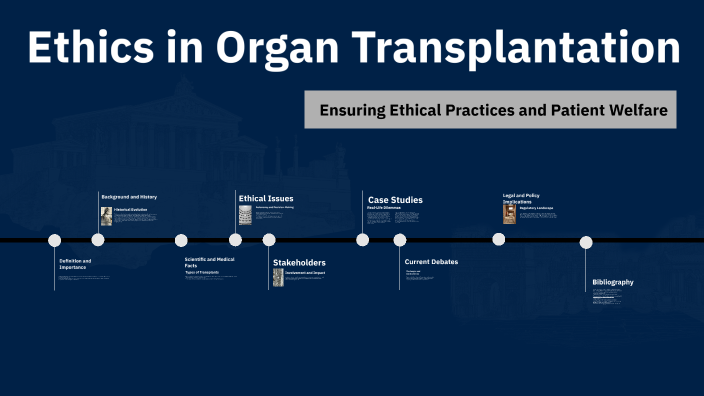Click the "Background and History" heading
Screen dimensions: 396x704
tap(129, 197)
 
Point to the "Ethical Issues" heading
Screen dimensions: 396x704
tap(266, 198)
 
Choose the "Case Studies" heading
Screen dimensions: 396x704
tap(395, 200)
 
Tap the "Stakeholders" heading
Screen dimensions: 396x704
tap(299, 262)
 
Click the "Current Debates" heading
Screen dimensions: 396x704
tap(431, 262)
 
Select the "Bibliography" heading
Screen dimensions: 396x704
tap(612, 282)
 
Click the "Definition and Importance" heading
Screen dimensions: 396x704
tap(75, 264)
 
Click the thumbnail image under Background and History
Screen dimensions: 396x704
tap(106, 216)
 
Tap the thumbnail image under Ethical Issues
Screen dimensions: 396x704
tap(245, 216)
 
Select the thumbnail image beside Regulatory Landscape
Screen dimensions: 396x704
tap(509, 214)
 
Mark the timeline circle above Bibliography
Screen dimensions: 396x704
tap(586, 242)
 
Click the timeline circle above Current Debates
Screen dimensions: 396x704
tap(400, 240)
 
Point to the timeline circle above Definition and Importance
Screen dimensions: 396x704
tap(55, 240)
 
